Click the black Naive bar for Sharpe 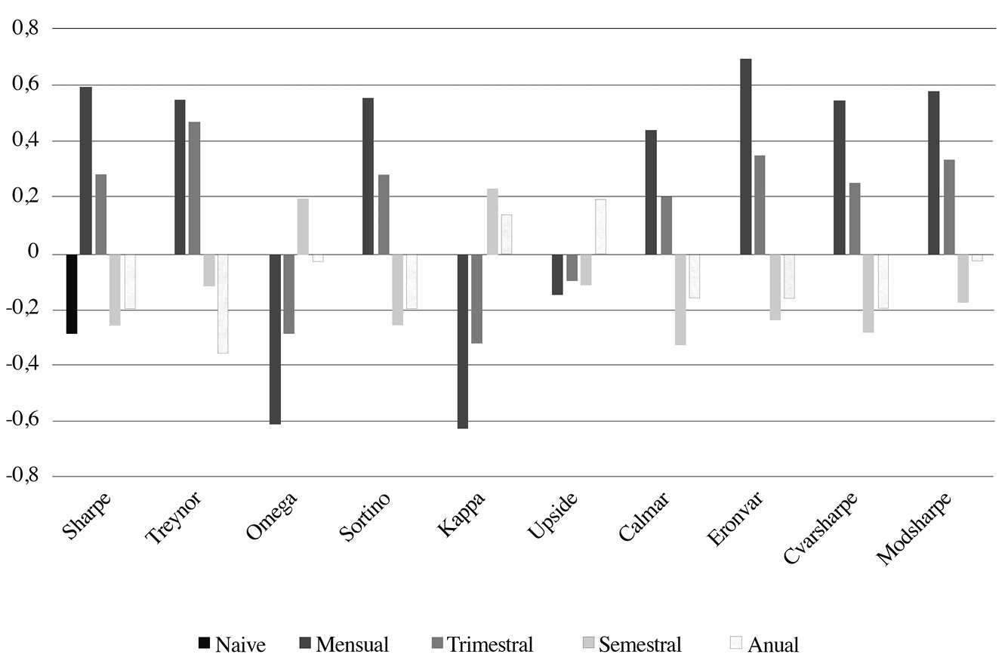(72, 294)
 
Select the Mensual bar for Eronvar (746, 156)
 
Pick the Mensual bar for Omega (276, 339)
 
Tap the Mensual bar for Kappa (463, 341)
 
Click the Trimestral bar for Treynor (194, 188)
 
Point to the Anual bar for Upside (600, 227)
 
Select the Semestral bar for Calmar (680, 299)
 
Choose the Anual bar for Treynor (223, 304)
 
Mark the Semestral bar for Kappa (493, 221)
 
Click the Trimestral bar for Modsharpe (949, 207)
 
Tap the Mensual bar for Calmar (651, 193)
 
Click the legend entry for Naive (232, 644)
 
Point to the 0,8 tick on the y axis (26, 28)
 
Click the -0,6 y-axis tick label (23, 420)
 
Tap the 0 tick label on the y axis (33, 252)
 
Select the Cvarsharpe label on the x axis (820, 528)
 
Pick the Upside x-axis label (552, 516)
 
